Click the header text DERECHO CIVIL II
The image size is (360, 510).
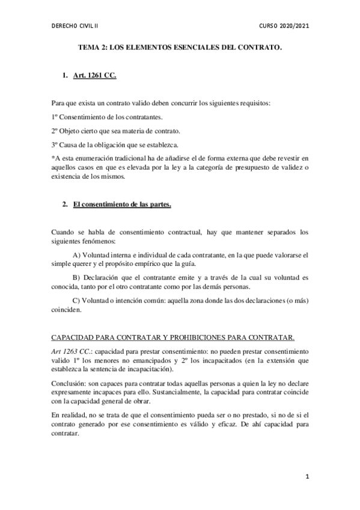pyautogui.click(x=75, y=26)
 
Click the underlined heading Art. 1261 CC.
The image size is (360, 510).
pyautogui.click(x=94, y=78)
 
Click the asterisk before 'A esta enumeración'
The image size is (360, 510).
pyautogui.click(x=53, y=157)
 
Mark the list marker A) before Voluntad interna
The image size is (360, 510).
pyautogui.click(x=77, y=255)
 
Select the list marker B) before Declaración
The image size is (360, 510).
pyautogui.click(x=76, y=278)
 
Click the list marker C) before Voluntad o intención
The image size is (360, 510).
pyautogui.click(x=76, y=301)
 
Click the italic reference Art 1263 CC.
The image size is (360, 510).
pyautogui.click(x=72, y=351)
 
